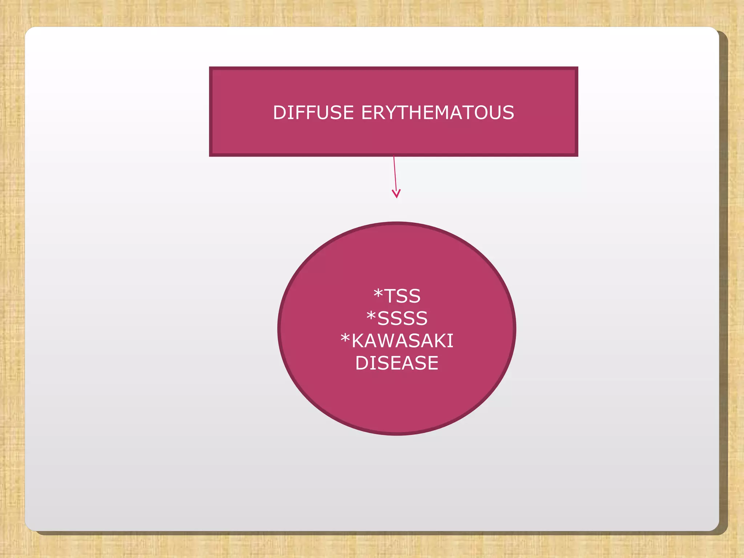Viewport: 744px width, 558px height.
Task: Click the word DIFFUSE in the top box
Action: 313,113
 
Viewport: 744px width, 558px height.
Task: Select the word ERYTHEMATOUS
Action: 437,113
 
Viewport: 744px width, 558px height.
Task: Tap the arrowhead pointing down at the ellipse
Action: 396,194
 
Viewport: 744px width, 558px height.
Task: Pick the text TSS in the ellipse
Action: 402,296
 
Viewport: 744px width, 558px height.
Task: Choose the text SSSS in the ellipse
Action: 402,319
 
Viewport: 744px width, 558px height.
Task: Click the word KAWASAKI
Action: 402,341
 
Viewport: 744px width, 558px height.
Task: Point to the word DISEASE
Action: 397,363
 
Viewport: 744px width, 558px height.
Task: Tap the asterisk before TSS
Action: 378,293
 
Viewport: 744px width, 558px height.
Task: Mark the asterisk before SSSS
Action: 371,316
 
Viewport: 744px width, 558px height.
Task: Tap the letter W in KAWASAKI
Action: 388,341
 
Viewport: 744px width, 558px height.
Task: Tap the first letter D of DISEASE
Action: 362,363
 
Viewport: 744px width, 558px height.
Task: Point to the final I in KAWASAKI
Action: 451,341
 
